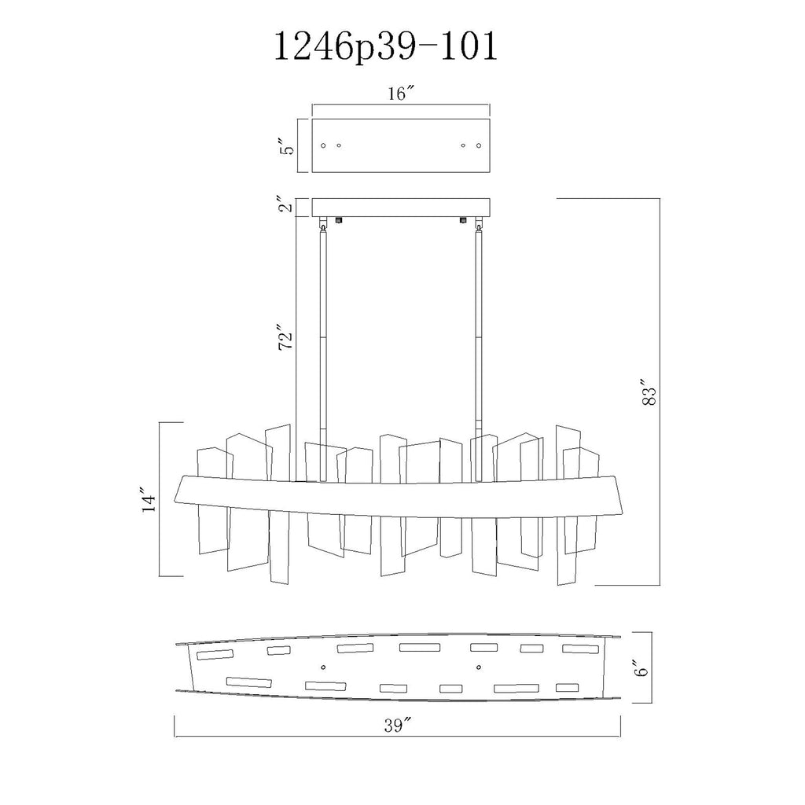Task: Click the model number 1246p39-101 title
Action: tap(384, 48)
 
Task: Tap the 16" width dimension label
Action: tap(400, 94)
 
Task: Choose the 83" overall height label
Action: tap(648, 392)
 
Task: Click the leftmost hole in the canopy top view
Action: tap(325, 145)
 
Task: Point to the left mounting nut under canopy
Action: tap(339, 221)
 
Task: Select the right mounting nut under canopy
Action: tap(463, 221)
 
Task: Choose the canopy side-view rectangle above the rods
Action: tap(401, 207)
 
